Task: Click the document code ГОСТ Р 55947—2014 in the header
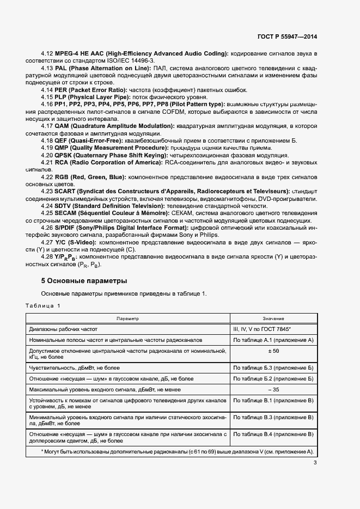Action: click(286, 37)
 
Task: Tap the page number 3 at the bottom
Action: click(315, 463)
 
